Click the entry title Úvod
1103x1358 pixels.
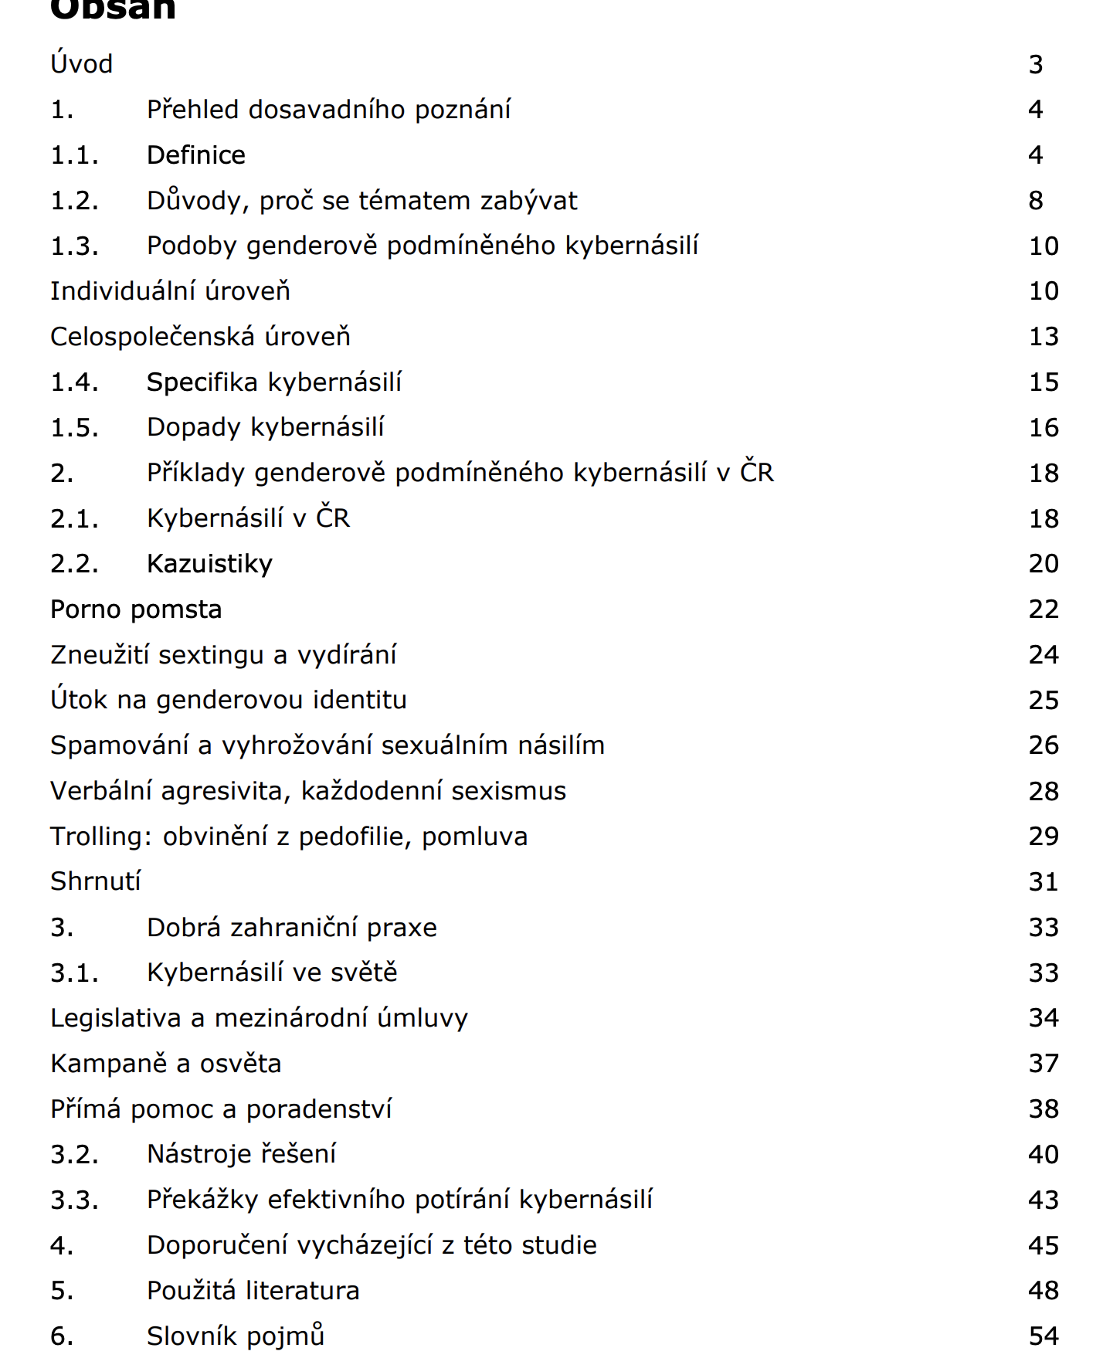pyautogui.click(x=82, y=64)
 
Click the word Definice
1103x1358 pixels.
pyautogui.click(x=196, y=155)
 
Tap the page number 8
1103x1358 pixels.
pyautogui.click(x=1036, y=201)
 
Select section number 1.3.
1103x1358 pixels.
pyautogui.click(x=75, y=246)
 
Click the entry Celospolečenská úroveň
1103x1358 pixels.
pyautogui.click(x=200, y=337)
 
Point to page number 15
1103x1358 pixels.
pyautogui.click(x=1044, y=382)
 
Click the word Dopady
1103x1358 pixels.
pyautogui.click(x=194, y=428)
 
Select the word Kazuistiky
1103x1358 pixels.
pyautogui.click(x=209, y=564)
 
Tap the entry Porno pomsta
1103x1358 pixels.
pyautogui.click(x=136, y=609)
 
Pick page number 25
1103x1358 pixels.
pyautogui.click(x=1044, y=701)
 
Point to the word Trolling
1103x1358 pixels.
pyautogui.click(x=101, y=837)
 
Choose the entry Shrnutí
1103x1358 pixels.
pyautogui.click(x=96, y=881)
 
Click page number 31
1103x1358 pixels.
pyautogui.click(x=1044, y=882)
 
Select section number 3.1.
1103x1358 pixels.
pyautogui.click(x=75, y=973)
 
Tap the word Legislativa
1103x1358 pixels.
pyautogui.click(x=116, y=1018)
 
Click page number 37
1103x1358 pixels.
pyautogui.click(x=1044, y=1064)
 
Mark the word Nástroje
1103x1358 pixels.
pyautogui.click(x=198, y=1154)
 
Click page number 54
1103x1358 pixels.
pyautogui.click(x=1044, y=1336)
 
